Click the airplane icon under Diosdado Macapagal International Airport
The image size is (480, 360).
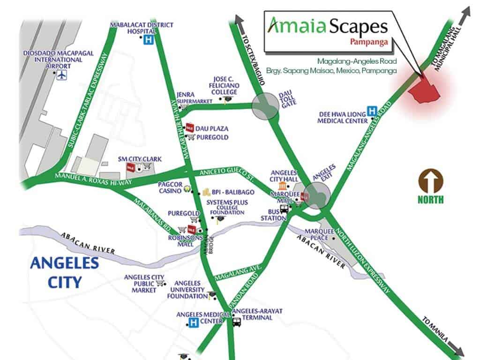(x=62, y=75)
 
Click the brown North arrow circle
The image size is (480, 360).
(x=431, y=182)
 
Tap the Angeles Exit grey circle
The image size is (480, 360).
(x=315, y=195)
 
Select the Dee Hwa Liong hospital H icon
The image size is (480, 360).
(x=372, y=111)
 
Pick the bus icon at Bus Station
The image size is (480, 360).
(x=285, y=209)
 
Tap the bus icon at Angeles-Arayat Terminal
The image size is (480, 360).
(x=237, y=322)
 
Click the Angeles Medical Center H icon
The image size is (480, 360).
(x=193, y=322)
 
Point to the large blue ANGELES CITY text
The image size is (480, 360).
(x=64, y=272)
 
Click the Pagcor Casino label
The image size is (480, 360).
(x=170, y=188)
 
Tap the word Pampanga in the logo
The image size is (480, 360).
(x=369, y=41)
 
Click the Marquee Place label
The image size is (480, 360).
(x=318, y=234)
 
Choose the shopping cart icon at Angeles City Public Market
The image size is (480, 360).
(x=161, y=283)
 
